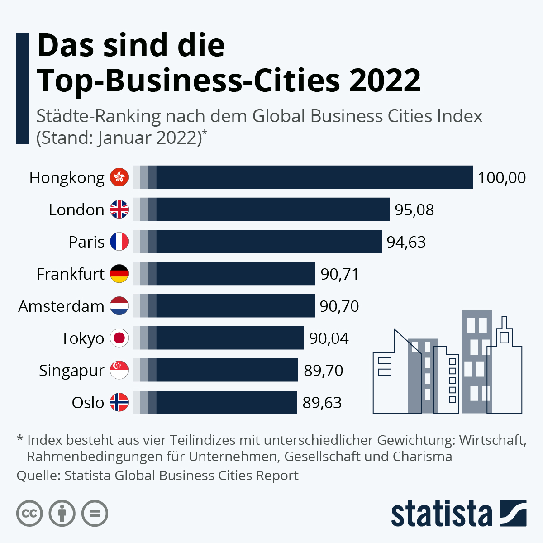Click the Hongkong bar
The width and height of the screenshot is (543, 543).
pyautogui.click(x=303, y=177)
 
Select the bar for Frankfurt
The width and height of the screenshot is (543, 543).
pyautogui.click(x=224, y=274)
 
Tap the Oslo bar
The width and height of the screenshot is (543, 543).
pyautogui.click(x=215, y=402)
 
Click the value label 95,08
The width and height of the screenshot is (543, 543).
pyautogui.click(x=414, y=210)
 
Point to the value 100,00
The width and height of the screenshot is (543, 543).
pyautogui.click(x=501, y=178)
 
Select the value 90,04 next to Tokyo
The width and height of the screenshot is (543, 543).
pyautogui.click(x=329, y=338)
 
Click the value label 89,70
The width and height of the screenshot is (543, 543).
pyautogui.click(x=323, y=371)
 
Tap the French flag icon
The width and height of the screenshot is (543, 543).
pyautogui.click(x=119, y=242)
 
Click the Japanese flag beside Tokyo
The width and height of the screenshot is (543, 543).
pyautogui.click(x=119, y=338)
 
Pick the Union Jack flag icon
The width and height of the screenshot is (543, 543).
pyautogui.click(x=119, y=210)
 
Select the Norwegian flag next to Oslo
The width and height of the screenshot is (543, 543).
pyautogui.click(x=119, y=402)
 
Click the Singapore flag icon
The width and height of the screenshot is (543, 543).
pyautogui.click(x=119, y=370)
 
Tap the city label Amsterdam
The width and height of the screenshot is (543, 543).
pyautogui.click(x=61, y=306)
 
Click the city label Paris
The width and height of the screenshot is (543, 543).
pyautogui.click(x=86, y=242)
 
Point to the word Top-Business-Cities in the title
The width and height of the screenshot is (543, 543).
pyautogui.click(x=188, y=81)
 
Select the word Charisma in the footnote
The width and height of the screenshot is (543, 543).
pyautogui.click(x=422, y=456)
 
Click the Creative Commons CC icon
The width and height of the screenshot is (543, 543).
pyautogui.click(x=29, y=514)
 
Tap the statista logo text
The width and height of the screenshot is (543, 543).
pyautogui.click(x=441, y=514)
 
